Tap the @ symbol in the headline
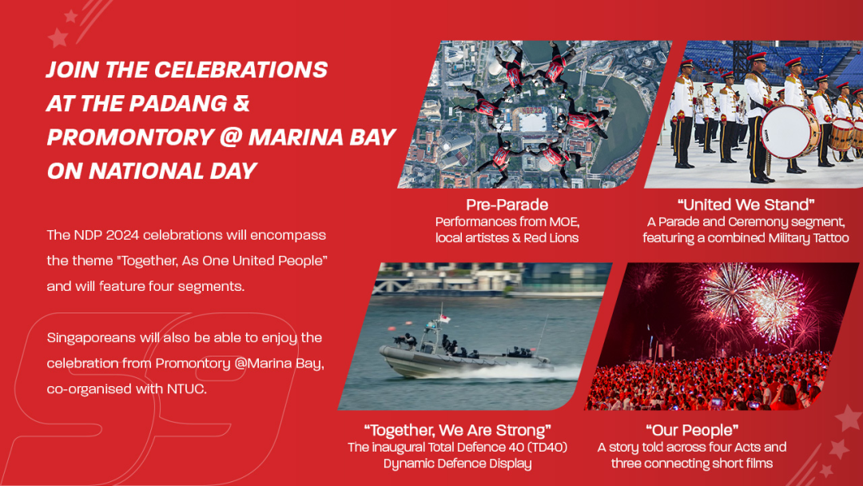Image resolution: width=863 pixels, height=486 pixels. coord(231,137)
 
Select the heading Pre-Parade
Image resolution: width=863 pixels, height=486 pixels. coord(507,205)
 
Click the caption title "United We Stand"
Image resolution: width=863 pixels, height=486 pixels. coord(746,205)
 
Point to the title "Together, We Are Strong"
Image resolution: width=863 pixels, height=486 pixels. coord(457,430)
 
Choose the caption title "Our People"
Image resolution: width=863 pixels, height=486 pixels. coord(692,430)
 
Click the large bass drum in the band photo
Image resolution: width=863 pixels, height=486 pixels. coord(790,132)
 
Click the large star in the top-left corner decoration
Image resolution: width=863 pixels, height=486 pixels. coord(58,38)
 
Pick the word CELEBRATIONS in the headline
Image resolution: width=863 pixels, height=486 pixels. coord(241,70)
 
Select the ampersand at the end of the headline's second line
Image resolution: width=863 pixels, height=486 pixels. coord(241,103)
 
